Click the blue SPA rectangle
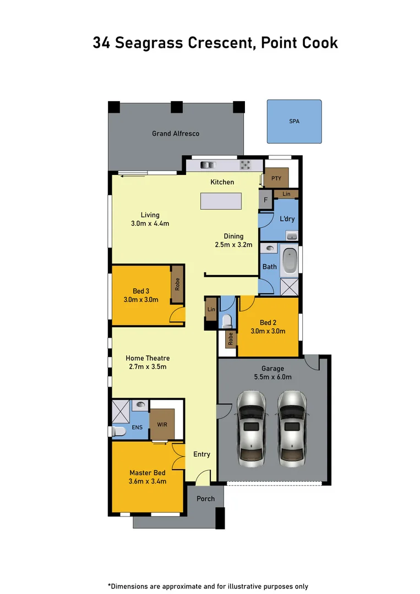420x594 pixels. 294,122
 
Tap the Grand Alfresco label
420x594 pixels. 176,134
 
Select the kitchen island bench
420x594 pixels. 221,201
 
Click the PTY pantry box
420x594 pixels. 276,178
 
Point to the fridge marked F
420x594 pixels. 266,200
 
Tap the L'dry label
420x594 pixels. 287,219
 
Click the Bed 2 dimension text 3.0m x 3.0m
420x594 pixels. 268,331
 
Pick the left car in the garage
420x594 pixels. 251,426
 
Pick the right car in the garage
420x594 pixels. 292,426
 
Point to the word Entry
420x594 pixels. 202,454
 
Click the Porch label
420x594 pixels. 206,499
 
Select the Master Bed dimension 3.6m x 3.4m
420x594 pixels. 148,481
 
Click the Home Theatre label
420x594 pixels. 148,358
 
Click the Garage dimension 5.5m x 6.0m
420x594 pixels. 272,377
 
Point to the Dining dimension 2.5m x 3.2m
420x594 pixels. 233,245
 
